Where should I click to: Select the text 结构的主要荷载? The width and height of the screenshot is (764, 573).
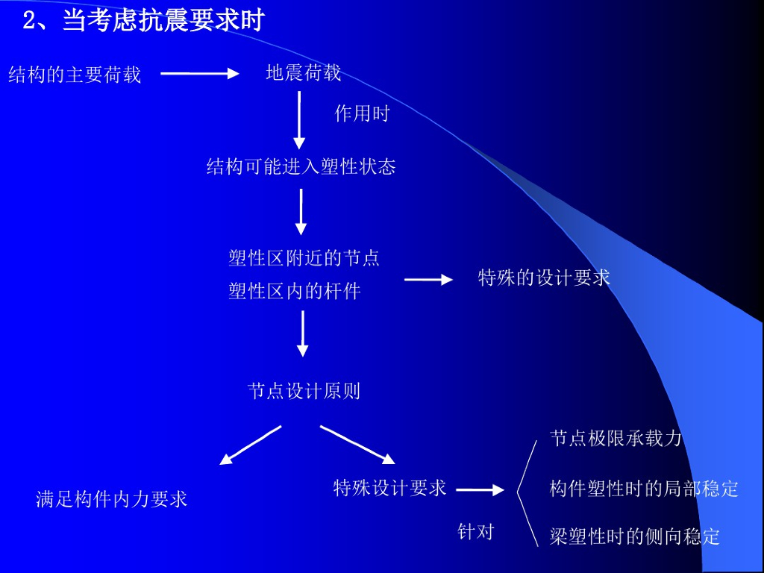75,75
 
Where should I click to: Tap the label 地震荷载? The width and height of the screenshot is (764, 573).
304,72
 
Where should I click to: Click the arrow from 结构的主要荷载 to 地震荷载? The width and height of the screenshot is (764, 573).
199,73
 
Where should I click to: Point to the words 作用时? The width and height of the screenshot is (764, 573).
362,113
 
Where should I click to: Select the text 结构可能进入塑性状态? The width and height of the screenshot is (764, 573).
301,166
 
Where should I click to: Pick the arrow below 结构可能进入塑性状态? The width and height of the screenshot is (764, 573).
301,211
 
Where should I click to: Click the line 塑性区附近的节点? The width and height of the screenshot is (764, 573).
304,258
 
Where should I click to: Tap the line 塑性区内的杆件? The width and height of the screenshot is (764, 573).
295,291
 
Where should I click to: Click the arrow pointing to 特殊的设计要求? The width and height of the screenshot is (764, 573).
428,280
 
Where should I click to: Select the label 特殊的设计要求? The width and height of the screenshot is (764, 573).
544,278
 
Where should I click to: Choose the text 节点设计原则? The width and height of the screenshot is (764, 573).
304,391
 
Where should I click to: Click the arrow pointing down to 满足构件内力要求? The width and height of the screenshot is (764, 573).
250,445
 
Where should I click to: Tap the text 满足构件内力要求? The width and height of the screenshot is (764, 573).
112,499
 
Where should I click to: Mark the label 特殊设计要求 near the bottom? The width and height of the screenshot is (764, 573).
389,488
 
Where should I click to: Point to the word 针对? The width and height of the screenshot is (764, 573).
475,531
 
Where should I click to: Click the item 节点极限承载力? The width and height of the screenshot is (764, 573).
616,438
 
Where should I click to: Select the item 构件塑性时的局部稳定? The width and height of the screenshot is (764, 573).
644,489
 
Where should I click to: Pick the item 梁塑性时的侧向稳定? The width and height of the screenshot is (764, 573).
635,536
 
